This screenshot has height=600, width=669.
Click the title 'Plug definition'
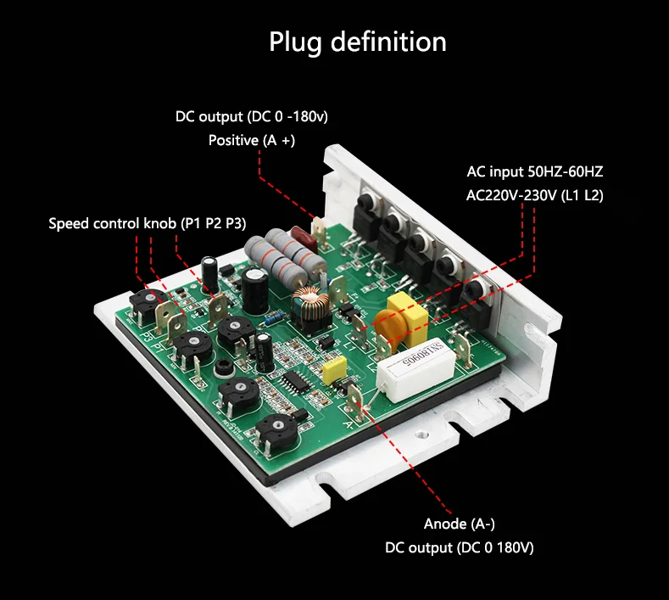pos(358,42)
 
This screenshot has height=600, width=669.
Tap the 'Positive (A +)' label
pos(252,140)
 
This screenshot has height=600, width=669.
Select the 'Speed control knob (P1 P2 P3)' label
pos(148,223)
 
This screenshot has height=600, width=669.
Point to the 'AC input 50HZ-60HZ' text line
pos(534,171)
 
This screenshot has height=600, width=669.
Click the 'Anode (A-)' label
pos(459,524)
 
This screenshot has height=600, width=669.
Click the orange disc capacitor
pos(390,328)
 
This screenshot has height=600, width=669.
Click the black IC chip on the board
pos(295,380)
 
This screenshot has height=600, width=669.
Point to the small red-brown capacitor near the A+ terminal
pos(303,239)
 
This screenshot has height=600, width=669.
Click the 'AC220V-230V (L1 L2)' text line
pos(534,195)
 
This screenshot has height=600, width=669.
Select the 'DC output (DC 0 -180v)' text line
pos(252,116)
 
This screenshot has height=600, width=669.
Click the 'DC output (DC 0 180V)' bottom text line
pos(459,548)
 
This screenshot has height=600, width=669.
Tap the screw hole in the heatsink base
pos(421,435)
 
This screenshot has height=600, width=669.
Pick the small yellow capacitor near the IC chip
pos(334,370)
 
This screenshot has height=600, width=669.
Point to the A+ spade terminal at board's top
pos(319,232)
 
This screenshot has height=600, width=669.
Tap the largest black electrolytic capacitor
pos(254,290)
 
